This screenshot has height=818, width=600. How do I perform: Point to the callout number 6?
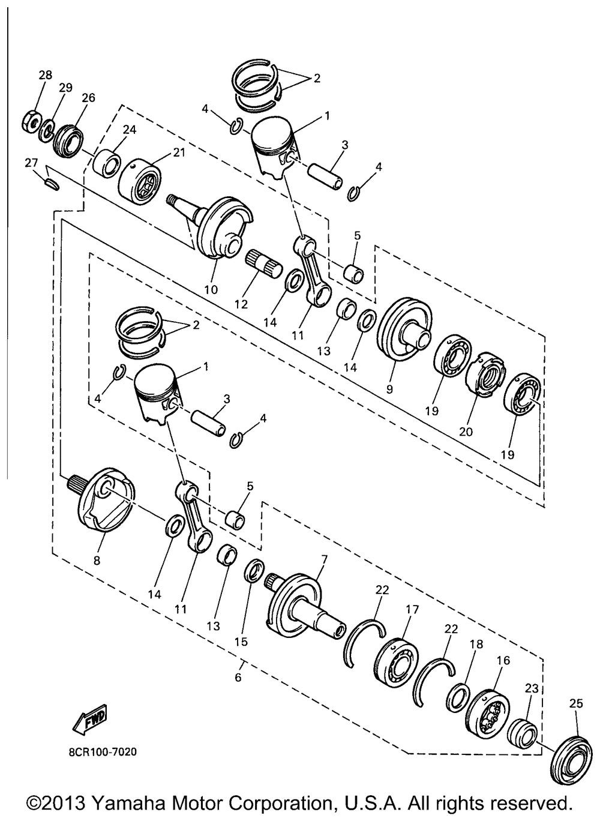pyautogui.click(x=238, y=678)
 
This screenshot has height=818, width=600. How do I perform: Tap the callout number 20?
pyautogui.click(x=466, y=432)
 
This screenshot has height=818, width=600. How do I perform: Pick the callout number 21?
pyautogui.click(x=178, y=152)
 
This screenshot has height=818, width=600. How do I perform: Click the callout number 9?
pyautogui.click(x=389, y=389)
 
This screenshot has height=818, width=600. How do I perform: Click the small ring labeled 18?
pyautogui.click(x=458, y=699)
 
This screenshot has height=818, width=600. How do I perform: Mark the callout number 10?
pyautogui.click(x=211, y=290)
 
